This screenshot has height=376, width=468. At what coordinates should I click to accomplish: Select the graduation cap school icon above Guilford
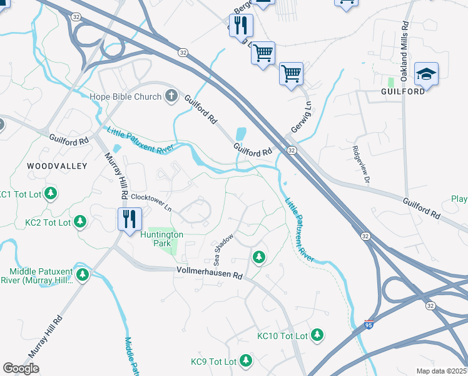pyautogui.click(x=426, y=73)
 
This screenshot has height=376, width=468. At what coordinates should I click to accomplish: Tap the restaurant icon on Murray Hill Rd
pyautogui.click(x=130, y=219)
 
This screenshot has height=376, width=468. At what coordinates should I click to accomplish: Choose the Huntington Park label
pyautogui.click(x=161, y=239)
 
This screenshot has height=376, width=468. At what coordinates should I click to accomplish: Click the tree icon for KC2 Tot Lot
pyautogui.click(x=80, y=221)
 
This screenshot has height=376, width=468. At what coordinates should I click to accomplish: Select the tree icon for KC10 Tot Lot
pyautogui.click(x=318, y=336)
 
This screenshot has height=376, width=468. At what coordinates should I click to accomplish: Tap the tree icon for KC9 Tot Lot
pyautogui.click(x=246, y=361)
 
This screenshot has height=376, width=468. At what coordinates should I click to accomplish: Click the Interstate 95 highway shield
pyautogui.click(x=369, y=325)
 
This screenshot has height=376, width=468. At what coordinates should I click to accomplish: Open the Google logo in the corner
pyautogui.click(x=21, y=368)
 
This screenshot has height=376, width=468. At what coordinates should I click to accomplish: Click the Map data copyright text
pyautogui.click(x=442, y=371)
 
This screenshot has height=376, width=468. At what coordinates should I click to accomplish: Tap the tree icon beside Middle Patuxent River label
pyautogui.click(x=82, y=274)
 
